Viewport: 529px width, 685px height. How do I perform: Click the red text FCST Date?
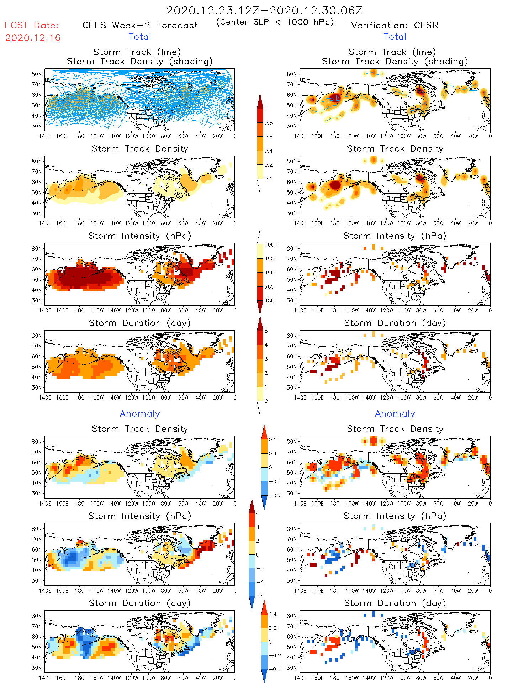pos(31,25)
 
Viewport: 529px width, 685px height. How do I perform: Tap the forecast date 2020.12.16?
pos(33,38)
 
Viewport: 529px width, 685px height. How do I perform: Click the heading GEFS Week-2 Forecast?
pos(140,25)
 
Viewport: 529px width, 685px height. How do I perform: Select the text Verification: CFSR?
pos(395,25)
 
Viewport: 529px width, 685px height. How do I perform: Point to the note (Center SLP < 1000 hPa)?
pos(275,22)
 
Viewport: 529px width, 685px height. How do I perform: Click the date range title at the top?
pos(264,10)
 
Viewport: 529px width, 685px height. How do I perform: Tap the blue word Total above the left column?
pos(140,37)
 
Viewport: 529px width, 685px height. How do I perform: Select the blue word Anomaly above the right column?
pos(395,413)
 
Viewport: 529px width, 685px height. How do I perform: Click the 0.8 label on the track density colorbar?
pos(269,123)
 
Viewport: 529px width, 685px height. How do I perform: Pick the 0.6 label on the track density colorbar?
pos(269,137)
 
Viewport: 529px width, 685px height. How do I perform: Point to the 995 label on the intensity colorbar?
pos(269,259)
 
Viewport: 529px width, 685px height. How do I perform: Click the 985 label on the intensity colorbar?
pos(269,286)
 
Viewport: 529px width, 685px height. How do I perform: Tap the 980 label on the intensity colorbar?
pos(269,301)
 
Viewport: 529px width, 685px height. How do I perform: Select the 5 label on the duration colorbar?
pos(266,331)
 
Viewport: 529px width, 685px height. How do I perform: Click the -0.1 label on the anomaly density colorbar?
pos(275,481)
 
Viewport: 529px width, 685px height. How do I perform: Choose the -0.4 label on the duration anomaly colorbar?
pos(273,669)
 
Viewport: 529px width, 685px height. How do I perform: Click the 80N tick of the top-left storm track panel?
pos(37,74)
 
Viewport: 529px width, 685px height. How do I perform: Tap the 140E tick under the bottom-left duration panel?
pos(45,678)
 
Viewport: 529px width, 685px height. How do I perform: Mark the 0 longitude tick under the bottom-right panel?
pos(490,678)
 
